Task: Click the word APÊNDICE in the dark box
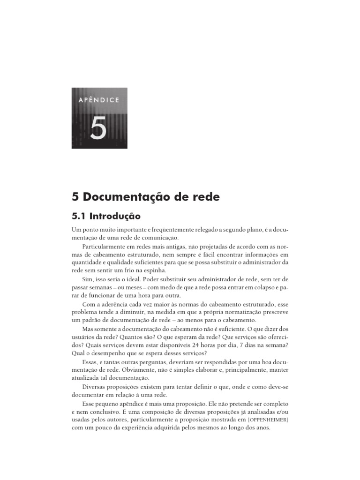[x=99, y=99]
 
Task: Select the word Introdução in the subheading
[x=115, y=217]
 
